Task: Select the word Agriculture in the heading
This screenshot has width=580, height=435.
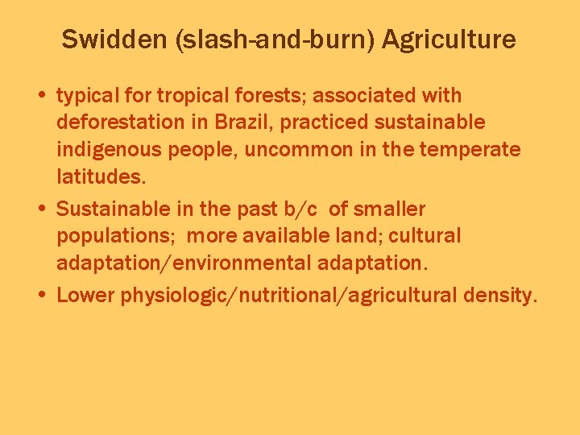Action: [449, 39]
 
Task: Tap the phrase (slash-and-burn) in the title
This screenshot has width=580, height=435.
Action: [273, 39]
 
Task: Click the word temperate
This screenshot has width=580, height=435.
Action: [482, 150]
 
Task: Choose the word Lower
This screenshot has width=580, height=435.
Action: [85, 295]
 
